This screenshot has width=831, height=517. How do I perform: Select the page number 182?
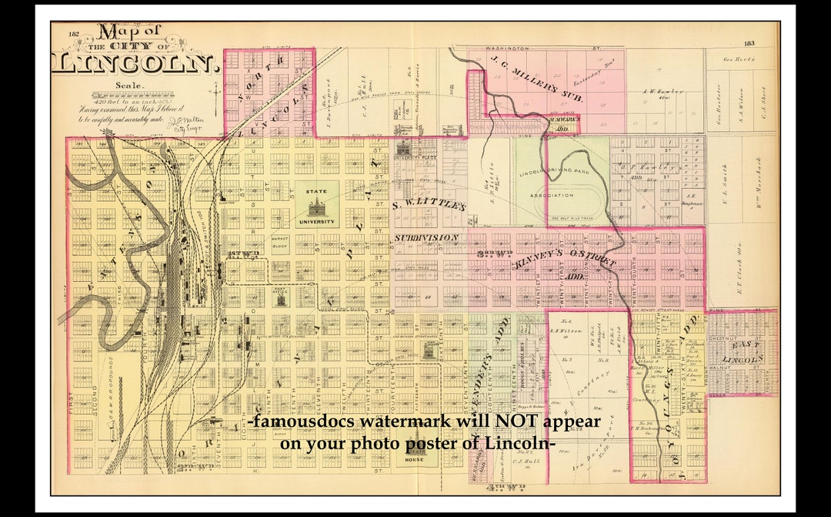click(x=74, y=34)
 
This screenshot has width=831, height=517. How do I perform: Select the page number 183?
click(x=749, y=44)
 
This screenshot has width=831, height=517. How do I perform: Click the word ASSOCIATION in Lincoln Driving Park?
click(x=552, y=195)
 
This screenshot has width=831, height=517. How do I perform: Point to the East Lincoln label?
click(x=743, y=353)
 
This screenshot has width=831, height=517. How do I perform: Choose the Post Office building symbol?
click(x=280, y=298)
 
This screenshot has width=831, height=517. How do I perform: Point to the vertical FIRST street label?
click(x=72, y=401)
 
